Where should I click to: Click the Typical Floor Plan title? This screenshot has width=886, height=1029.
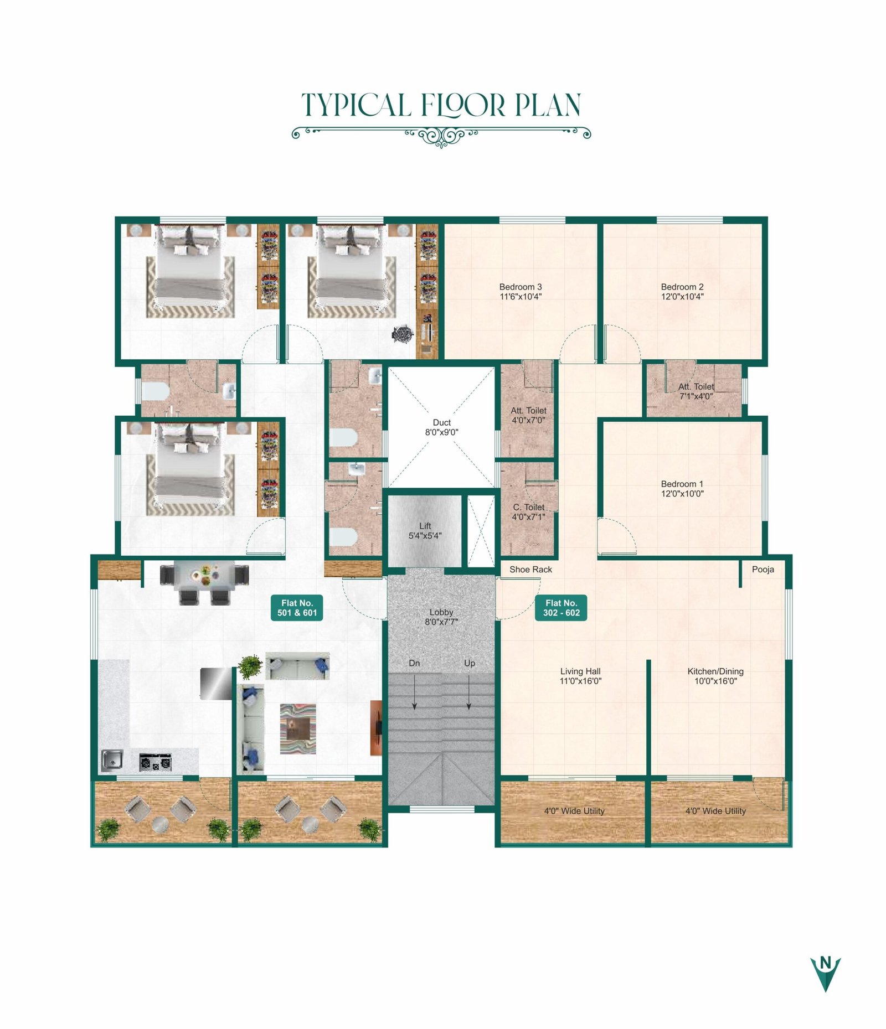[441, 105]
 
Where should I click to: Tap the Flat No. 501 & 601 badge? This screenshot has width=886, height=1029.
[297, 608]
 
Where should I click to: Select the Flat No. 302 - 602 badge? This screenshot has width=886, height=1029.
[561, 608]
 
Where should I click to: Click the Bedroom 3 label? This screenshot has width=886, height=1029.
[521, 287]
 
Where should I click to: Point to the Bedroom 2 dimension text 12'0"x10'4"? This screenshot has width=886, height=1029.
[682, 297]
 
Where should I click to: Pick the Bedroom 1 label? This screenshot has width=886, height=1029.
[682, 484]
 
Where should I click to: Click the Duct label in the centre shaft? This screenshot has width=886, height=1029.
[442, 422]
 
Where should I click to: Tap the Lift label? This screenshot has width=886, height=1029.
[425, 526]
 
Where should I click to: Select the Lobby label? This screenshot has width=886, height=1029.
[441, 612]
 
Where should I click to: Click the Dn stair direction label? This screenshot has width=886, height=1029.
[414, 663]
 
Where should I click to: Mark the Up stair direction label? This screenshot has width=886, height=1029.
[470, 663]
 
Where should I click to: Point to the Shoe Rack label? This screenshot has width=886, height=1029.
[530, 570]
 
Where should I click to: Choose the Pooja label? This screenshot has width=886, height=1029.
[763, 570]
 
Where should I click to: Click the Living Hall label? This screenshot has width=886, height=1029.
[580, 671]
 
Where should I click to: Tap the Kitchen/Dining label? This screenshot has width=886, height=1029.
[715, 671]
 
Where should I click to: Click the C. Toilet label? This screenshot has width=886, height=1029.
[529, 507]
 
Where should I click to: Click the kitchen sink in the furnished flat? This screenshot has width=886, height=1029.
[112, 761]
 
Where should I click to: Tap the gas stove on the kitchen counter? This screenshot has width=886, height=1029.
[155, 762]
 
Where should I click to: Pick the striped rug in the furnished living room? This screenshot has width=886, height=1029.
[298, 728]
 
